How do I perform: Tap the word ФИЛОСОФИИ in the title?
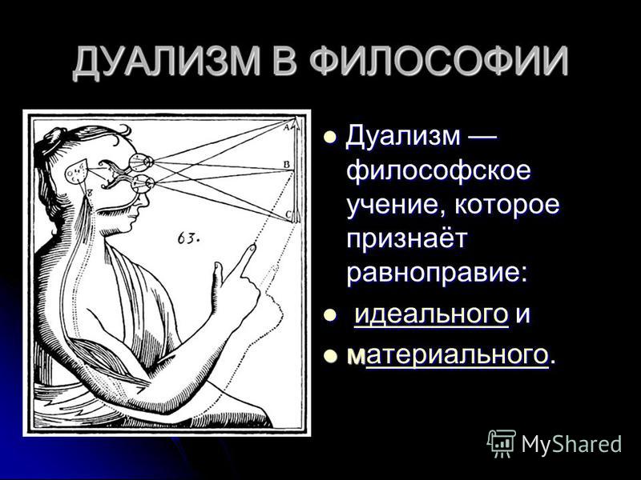point(438,62)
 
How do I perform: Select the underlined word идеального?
point(431,314)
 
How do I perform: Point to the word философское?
point(438,170)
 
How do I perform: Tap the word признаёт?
point(407,238)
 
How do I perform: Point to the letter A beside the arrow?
point(287,127)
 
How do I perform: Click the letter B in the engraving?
point(287,165)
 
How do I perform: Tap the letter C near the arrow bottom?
point(288,214)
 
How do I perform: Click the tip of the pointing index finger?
point(253,246)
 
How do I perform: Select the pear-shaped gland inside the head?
point(76,170)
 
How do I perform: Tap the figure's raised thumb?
point(217,274)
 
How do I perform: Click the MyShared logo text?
point(571,444)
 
